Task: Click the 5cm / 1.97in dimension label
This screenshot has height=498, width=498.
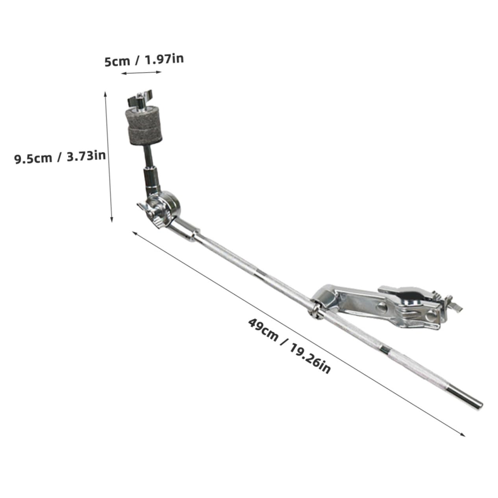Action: pyautogui.click(x=144, y=61)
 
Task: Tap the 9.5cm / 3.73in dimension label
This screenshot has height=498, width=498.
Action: pyautogui.click(x=60, y=157)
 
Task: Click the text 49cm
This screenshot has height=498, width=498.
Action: pyautogui.click(x=263, y=329)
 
